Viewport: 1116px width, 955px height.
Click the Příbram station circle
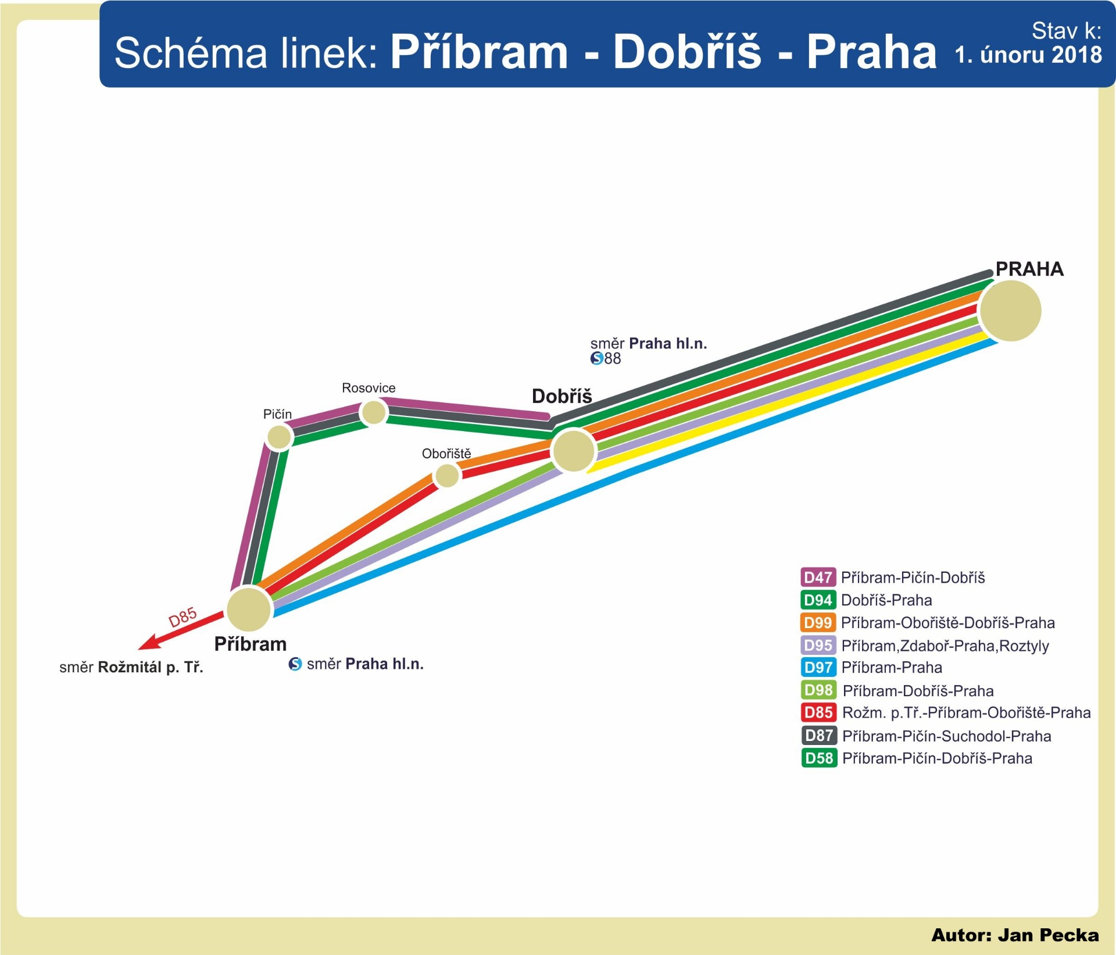click(x=249, y=610)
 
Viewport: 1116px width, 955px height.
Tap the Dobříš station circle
click(x=574, y=450)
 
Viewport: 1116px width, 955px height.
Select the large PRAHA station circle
click(x=1010, y=311)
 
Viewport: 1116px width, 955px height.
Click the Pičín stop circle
click(x=279, y=437)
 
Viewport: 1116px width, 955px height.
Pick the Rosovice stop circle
click(x=374, y=412)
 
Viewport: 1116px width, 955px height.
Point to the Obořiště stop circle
click(x=447, y=476)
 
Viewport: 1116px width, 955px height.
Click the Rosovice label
click(x=369, y=388)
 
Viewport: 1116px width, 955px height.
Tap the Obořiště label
click(x=446, y=454)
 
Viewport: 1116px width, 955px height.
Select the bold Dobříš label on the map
click(x=561, y=396)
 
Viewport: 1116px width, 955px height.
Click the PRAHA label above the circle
click(x=1029, y=269)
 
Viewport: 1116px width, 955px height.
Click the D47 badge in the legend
click(x=818, y=577)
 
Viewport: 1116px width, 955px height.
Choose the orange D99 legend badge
click(x=818, y=622)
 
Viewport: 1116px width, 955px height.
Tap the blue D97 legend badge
click(x=818, y=667)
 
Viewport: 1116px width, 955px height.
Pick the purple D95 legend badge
click(x=818, y=645)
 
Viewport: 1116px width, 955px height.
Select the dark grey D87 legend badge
click(x=819, y=736)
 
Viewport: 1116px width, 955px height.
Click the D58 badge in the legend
click(x=819, y=758)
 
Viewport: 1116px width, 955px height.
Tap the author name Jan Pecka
click(x=1049, y=935)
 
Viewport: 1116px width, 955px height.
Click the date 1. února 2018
click(x=1028, y=55)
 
